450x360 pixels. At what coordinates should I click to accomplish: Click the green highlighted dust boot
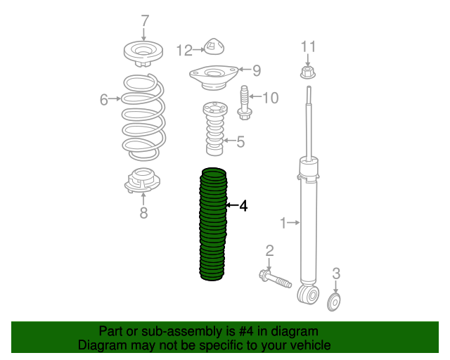point(213,224)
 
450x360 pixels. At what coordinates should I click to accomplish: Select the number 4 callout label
point(243,206)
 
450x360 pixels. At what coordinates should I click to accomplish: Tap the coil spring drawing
point(143,117)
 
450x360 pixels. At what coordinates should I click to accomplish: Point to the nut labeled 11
point(308,72)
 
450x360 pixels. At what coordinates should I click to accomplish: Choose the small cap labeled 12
point(214,46)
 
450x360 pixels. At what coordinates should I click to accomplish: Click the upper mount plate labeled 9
point(214,77)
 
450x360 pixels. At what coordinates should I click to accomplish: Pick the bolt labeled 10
point(245,103)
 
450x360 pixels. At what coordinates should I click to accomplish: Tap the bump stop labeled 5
point(215,129)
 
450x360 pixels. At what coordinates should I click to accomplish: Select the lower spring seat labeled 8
point(142,180)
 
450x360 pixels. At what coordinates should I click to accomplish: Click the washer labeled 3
point(334,302)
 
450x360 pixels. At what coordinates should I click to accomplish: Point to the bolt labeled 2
point(275,278)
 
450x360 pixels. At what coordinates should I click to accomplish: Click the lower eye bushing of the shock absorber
point(309,295)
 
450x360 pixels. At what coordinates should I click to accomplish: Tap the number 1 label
point(283,223)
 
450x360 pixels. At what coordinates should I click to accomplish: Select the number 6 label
point(103,100)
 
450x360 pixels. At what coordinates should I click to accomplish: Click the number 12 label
point(184,50)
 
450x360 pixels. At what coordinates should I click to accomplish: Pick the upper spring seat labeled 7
point(143,53)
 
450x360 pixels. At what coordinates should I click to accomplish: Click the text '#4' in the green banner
point(246,331)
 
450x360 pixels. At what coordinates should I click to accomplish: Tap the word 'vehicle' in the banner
point(314,345)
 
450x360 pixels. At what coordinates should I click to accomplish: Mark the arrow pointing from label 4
point(233,205)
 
